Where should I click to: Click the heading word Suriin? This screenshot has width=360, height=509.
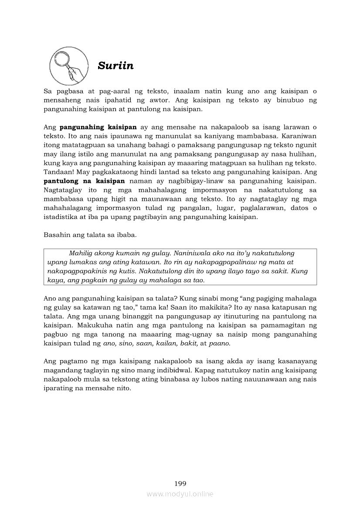click(115, 66)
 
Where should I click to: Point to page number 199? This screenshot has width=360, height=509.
click(180, 483)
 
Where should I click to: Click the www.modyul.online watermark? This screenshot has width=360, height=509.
click(180, 494)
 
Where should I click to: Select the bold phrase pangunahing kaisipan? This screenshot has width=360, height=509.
click(98, 127)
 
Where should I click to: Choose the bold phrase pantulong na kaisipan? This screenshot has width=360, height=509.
click(85, 181)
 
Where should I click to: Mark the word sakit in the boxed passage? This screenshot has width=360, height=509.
click(275, 271)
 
